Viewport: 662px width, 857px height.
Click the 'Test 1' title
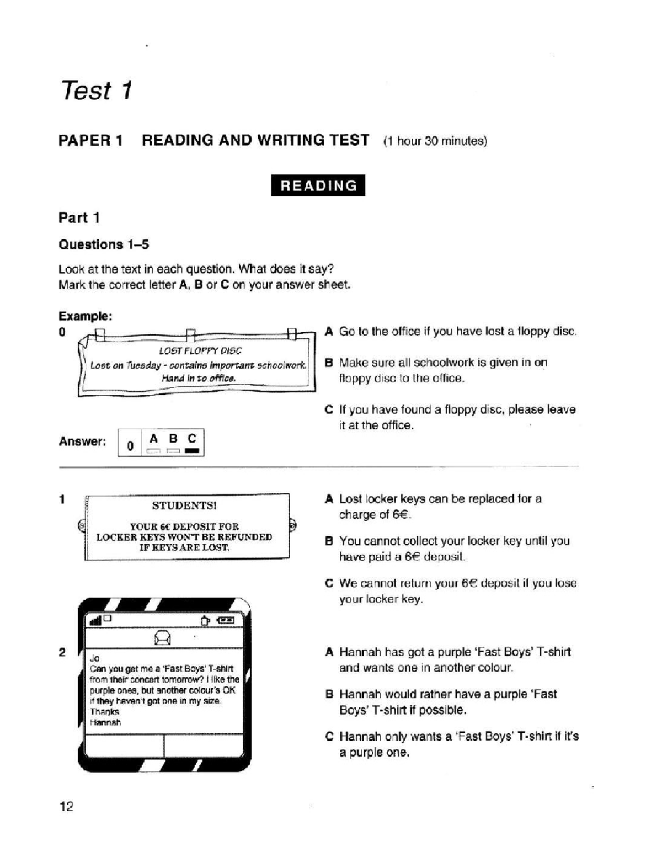(97, 91)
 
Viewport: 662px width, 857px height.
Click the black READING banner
(318, 185)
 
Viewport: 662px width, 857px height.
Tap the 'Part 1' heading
(79, 218)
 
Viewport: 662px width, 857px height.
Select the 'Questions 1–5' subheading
(104, 244)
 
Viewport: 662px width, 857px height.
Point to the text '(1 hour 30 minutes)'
(435, 141)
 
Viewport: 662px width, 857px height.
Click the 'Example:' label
(86, 316)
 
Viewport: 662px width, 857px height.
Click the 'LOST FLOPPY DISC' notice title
(200, 350)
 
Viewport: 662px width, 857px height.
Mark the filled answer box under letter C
(192, 451)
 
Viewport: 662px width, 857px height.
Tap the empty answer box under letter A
(153, 451)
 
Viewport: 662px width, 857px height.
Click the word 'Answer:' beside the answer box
(82, 441)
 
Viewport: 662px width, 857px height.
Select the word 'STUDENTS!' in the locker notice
(184, 505)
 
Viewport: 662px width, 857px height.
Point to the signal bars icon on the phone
(95, 621)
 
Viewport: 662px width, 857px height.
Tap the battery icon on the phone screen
(226, 621)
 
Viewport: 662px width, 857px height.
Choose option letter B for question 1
(329, 541)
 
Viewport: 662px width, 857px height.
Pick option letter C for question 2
(329, 737)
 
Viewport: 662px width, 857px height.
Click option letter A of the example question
(329, 332)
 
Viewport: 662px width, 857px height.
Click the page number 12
(66, 807)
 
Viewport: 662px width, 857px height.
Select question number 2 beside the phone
(62, 652)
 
